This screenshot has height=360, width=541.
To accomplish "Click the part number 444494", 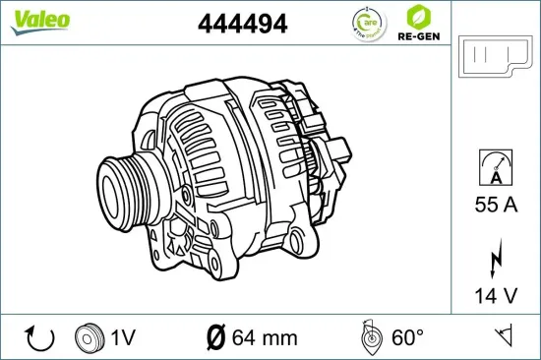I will pyautogui.click(x=243, y=25).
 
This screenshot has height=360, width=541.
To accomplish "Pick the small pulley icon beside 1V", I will pyautogui.click(x=90, y=337).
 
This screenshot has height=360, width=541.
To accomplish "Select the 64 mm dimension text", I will pyautogui.click(x=265, y=338).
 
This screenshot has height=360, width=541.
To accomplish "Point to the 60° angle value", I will pyautogui.click(x=407, y=338).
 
